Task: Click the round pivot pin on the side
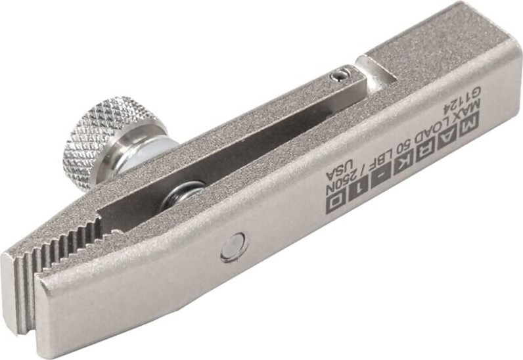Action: pos(234,246)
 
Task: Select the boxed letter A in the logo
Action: pos(448,139)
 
